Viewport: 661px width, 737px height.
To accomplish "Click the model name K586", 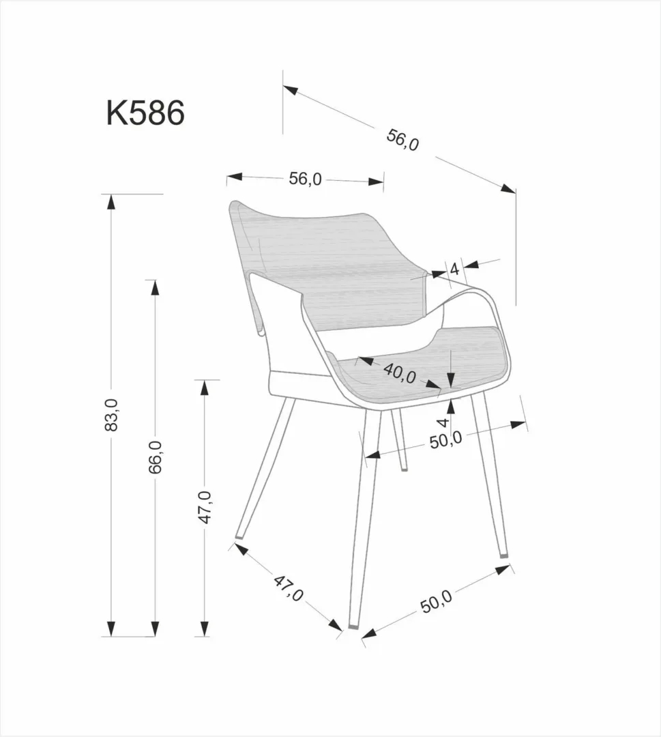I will (x=145, y=114).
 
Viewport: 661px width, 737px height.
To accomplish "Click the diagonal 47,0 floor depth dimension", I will (x=289, y=588).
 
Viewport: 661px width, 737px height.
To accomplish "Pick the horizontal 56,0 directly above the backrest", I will (x=304, y=179).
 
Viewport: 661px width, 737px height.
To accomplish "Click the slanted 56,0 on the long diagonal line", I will (x=402, y=141).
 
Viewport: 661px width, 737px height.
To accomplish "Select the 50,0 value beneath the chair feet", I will (x=437, y=603).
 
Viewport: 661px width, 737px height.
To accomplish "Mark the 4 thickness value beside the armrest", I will (x=454, y=268).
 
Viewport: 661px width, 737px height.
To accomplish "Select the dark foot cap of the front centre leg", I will (x=353, y=624).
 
